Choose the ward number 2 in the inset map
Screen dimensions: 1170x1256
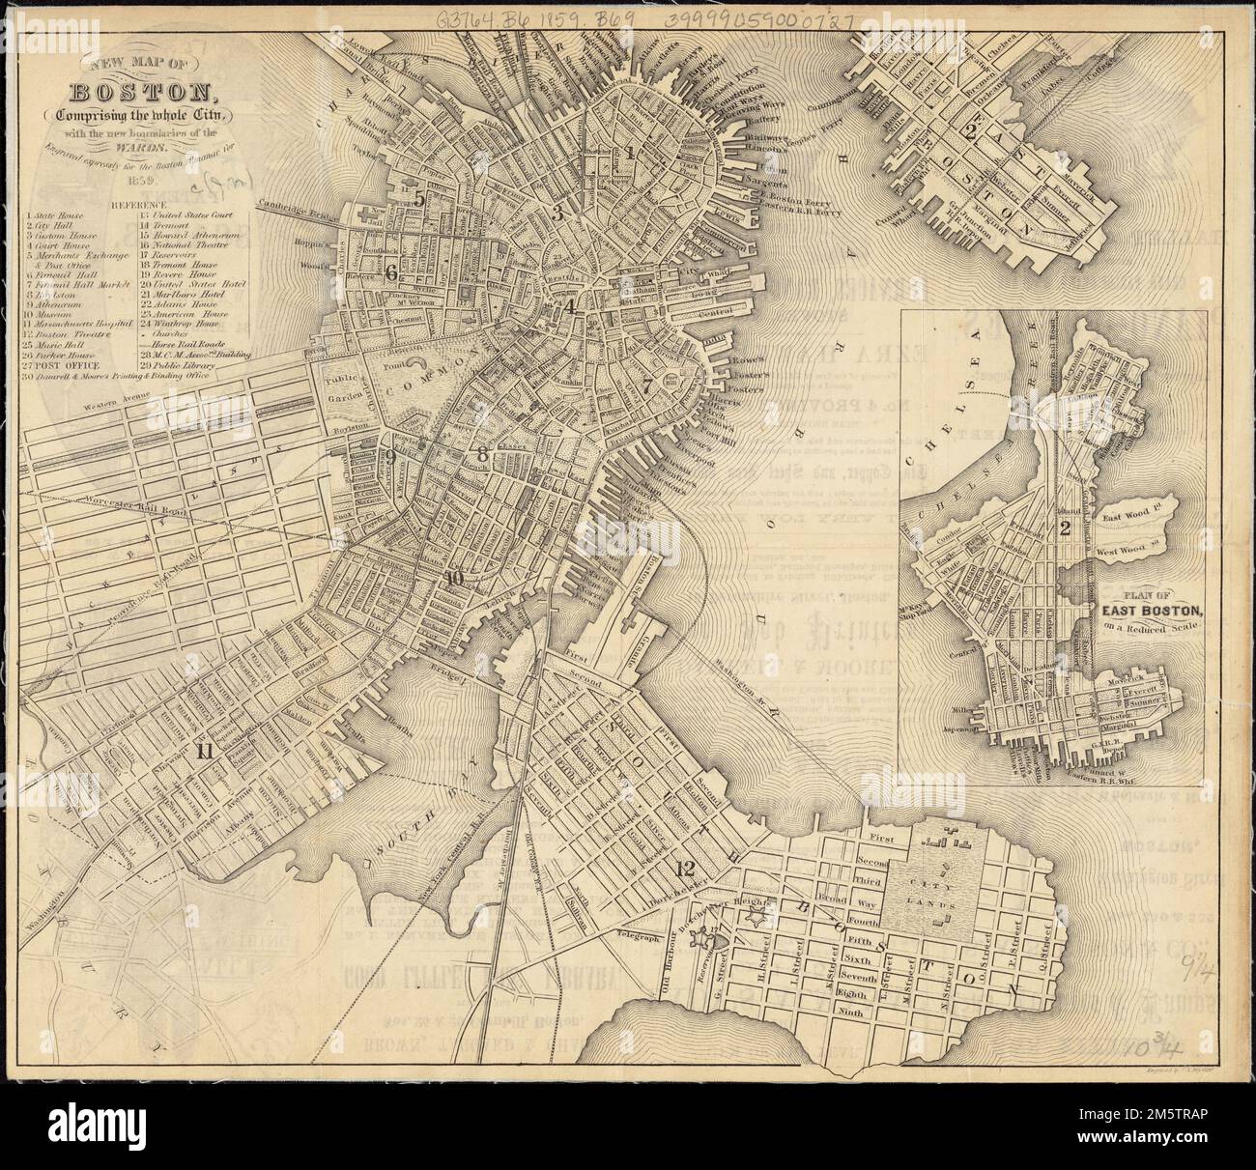1065,528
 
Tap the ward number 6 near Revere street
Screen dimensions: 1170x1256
390,272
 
